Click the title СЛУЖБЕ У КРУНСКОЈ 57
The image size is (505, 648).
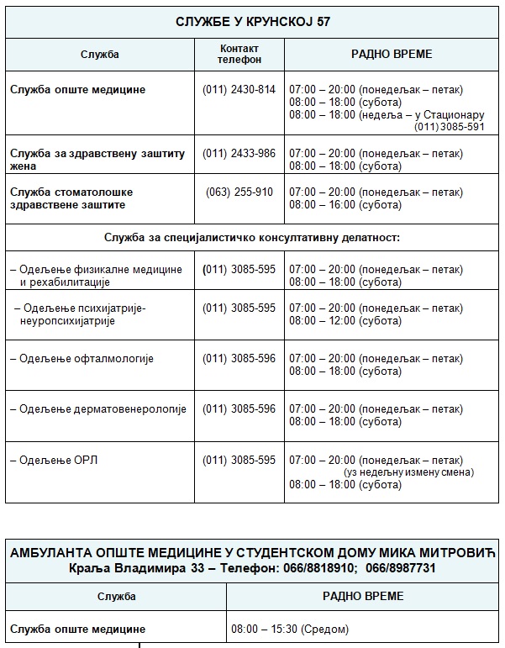click(252, 22)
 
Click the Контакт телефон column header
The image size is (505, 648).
click(239, 54)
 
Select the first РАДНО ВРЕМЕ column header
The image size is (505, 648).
click(392, 54)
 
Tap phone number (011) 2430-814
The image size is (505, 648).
click(239, 90)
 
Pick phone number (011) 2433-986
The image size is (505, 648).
click(239, 153)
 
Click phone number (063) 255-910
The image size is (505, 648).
click(239, 192)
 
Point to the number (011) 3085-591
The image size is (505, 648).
click(450, 127)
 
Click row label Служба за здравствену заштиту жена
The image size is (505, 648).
click(97, 160)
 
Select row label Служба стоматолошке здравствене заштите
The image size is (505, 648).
click(71, 198)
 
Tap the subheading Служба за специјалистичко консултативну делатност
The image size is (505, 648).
click(252, 238)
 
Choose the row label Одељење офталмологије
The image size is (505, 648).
click(82, 359)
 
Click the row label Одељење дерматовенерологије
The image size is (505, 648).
click(97, 409)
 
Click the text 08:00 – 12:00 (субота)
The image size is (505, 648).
click(345, 321)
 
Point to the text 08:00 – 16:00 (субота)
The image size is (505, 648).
click(345, 205)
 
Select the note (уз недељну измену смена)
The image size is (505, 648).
click(408, 472)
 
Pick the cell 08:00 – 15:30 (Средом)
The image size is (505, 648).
click(290, 629)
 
